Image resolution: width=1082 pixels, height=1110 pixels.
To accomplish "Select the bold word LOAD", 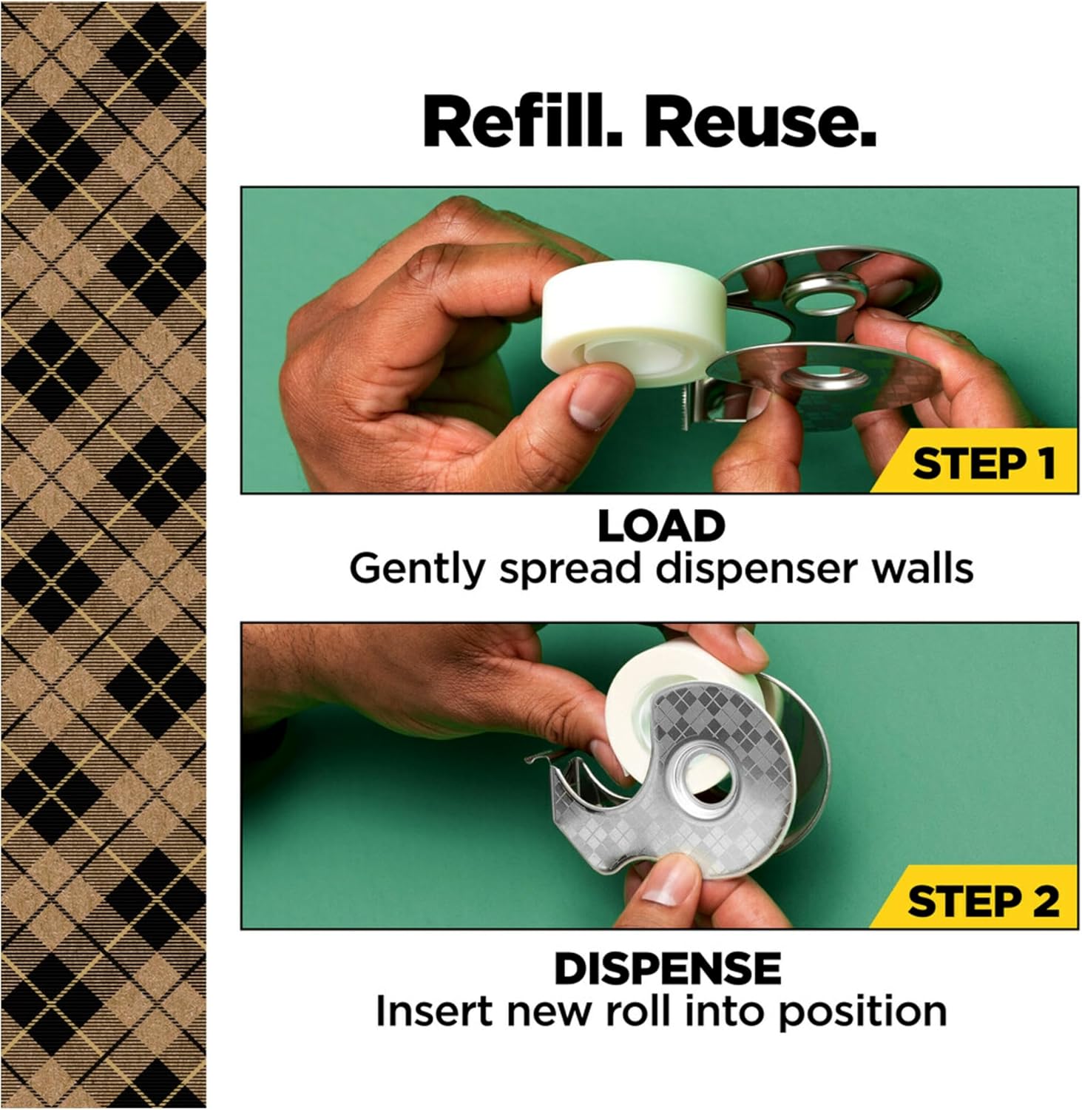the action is (660, 527).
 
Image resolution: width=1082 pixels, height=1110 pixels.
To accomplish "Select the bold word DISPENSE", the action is (668, 968).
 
